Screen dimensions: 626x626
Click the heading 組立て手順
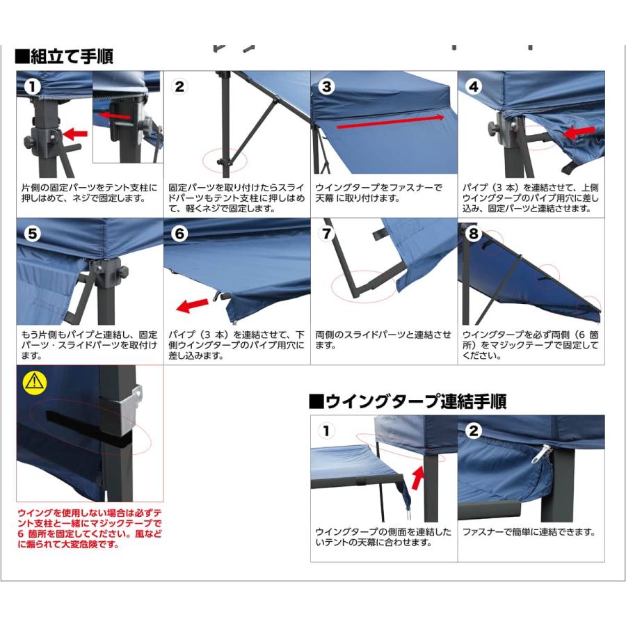pos(65,56)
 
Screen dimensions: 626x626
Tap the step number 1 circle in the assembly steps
pos(31,87)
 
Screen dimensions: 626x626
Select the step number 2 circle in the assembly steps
pos(179,87)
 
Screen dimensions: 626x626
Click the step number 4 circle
pos(474,87)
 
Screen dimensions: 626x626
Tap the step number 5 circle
pos(31,234)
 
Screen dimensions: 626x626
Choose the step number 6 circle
pos(179,234)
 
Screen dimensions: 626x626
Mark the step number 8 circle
pos(474,234)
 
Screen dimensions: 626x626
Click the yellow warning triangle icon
pos(32,380)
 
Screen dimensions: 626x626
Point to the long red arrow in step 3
pos(390,123)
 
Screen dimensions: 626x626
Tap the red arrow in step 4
pos(579,131)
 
